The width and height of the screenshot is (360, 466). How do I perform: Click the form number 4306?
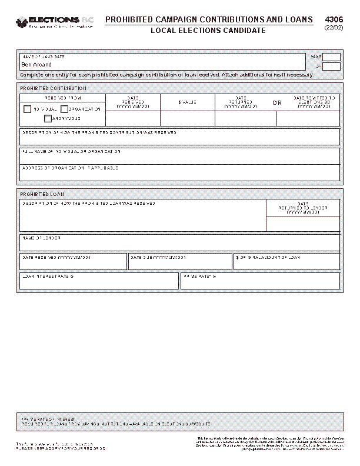click(x=333, y=19)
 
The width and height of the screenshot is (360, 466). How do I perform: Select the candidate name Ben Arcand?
click(x=36, y=65)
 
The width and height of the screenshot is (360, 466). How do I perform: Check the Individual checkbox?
click(x=28, y=109)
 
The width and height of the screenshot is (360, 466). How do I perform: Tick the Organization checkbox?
click(x=64, y=109)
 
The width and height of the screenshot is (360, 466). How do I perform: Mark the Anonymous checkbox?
click(x=48, y=119)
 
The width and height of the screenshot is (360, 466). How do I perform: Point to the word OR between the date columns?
click(x=277, y=102)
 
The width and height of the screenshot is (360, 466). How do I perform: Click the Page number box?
click(x=331, y=57)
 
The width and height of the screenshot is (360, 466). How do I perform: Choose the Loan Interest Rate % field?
click(x=99, y=281)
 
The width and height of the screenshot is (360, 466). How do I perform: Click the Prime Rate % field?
click(x=260, y=281)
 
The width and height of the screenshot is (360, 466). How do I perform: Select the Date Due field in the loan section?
click(x=180, y=262)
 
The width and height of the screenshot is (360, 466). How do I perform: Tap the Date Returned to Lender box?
click(x=303, y=224)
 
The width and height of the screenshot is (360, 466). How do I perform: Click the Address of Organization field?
click(x=179, y=172)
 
